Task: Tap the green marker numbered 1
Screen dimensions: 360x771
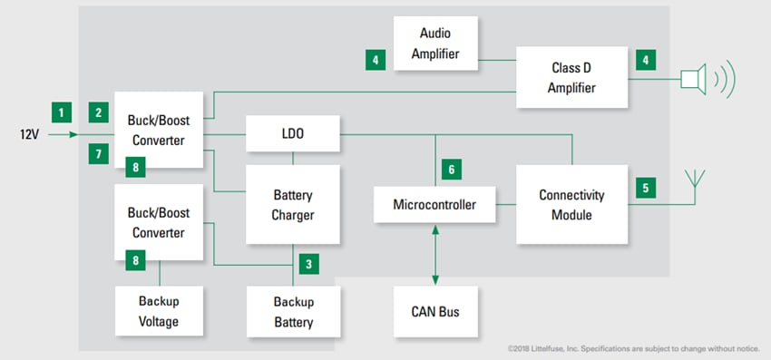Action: click(x=62, y=113)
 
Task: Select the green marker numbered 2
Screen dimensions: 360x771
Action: click(x=98, y=113)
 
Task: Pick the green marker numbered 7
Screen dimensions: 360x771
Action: click(x=98, y=154)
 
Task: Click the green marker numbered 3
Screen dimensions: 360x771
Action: click(x=308, y=265)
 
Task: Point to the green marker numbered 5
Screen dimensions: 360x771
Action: click(x=646, y=189)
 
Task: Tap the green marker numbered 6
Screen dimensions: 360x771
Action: click(x=451, y=169)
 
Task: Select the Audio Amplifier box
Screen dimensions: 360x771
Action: click(x=434, y=44)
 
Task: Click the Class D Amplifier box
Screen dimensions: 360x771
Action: click(x=573, y=78)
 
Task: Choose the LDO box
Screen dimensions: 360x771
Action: click(x=293, y=133)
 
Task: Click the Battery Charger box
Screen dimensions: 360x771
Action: click(x=293, y=204)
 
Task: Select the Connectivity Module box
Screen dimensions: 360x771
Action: click(x=571, y=205)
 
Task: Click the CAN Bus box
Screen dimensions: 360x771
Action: click(x=435, y=312)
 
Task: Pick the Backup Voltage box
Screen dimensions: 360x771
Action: click(x=159, y=311)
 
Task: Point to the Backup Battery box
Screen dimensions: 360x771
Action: click(x=293, y=311)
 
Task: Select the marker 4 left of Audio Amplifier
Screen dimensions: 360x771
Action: click(x=374, y=61)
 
